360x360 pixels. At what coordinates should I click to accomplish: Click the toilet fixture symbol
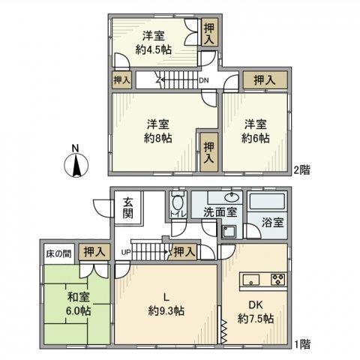(x=178, y=205)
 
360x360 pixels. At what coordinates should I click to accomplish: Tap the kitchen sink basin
(x=250, y=280)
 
